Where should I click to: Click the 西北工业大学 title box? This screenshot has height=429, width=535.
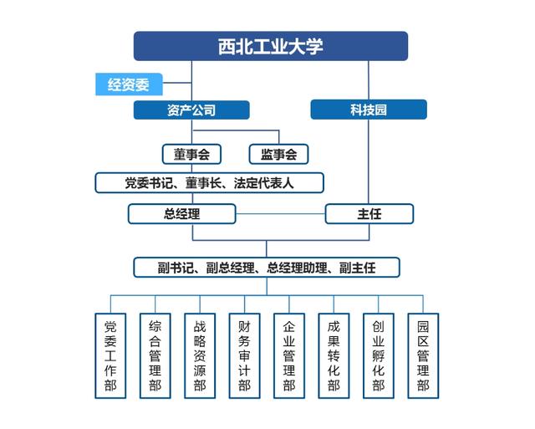271,46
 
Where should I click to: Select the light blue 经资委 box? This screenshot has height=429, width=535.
129,84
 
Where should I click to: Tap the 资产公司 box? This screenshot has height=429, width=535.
191,110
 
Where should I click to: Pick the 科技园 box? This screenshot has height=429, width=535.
369,110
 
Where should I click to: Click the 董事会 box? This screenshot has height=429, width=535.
191,154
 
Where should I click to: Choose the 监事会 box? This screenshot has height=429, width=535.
278,154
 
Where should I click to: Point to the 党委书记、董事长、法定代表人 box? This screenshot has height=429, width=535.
209,183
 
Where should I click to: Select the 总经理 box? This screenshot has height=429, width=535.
182,214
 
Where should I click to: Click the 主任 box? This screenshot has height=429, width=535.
369,214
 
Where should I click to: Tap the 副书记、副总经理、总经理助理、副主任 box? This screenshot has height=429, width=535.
267,268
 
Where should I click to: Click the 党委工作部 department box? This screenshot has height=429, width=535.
110,355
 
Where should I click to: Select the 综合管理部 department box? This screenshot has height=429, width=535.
155,355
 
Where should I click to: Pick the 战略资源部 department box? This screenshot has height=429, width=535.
200,355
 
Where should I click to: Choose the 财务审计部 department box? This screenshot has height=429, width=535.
245,355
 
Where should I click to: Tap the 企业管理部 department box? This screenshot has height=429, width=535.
289,355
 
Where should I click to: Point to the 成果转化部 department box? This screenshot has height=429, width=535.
334,355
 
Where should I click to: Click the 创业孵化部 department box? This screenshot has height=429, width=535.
379,355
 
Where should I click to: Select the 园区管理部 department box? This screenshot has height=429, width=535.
423,355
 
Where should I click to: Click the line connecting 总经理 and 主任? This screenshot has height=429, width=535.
281,214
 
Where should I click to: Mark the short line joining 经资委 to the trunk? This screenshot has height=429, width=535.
177,83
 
